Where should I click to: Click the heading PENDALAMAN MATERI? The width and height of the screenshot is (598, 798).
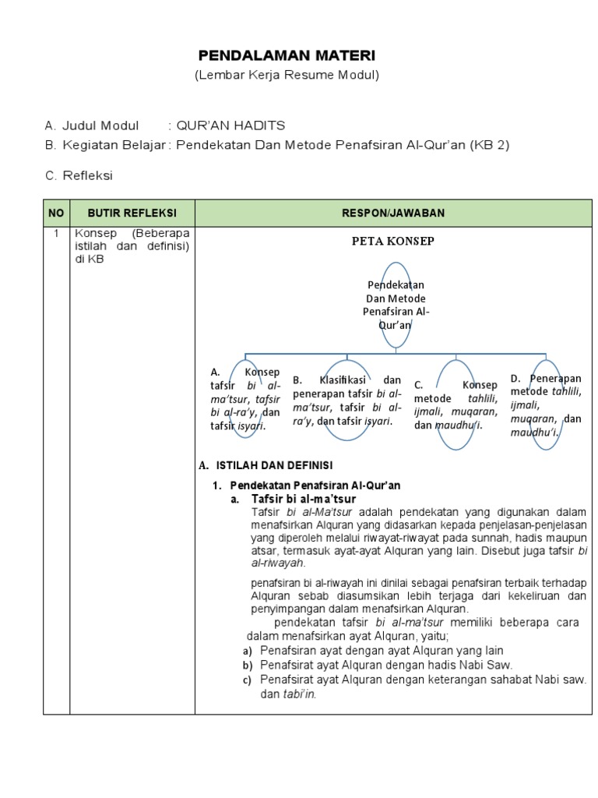pos(287,56)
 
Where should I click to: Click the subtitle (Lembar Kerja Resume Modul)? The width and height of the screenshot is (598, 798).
pos(287,75)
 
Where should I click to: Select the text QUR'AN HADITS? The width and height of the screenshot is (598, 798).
pos(230,125)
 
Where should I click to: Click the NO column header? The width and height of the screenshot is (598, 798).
pos(56,213)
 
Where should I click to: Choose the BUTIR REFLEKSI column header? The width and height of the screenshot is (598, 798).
pos(132,213)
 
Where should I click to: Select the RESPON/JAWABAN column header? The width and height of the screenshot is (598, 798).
pos(396,213)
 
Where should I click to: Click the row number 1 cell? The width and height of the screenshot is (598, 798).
pos(56,233)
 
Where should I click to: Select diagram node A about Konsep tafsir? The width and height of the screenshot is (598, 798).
pos(244,399)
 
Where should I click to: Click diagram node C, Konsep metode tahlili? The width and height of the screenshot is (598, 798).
pos(456,405)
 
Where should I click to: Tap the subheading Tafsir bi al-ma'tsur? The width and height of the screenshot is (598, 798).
pos(304,499)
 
